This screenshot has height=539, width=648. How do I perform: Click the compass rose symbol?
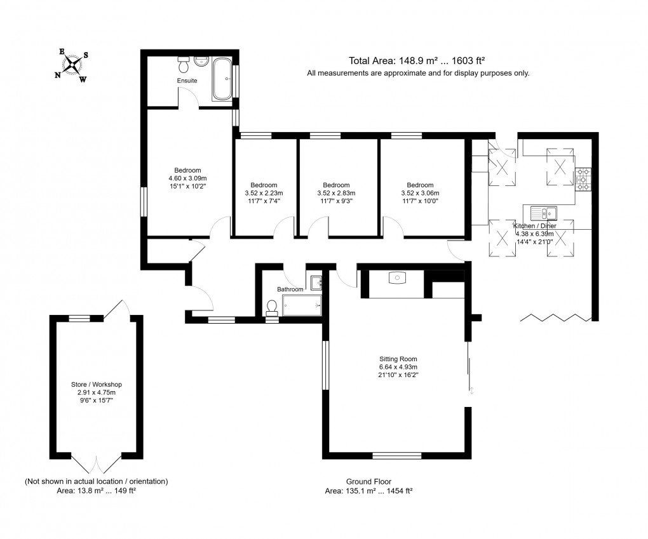point(74,64)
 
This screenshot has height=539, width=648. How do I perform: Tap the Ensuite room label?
point(187,81)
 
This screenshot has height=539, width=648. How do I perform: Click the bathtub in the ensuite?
point(222,79)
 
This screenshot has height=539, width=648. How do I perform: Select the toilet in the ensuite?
point(184,65)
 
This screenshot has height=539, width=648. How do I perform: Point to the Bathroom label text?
point(290,289)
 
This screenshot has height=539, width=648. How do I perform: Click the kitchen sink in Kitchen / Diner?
point(544,212)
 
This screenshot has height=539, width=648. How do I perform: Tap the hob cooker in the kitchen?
point(583,180)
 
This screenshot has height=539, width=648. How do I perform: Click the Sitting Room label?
point(398,359)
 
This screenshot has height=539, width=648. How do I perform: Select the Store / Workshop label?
point(97,385)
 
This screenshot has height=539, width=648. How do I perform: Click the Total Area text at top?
point(417,61)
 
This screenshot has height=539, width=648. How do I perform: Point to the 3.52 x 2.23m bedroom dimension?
point(264,193)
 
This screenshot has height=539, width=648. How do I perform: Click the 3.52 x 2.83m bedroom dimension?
point(336,193)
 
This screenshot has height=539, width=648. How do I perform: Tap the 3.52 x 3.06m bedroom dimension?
point(420,193)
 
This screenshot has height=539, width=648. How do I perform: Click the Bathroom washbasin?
point(316,282)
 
